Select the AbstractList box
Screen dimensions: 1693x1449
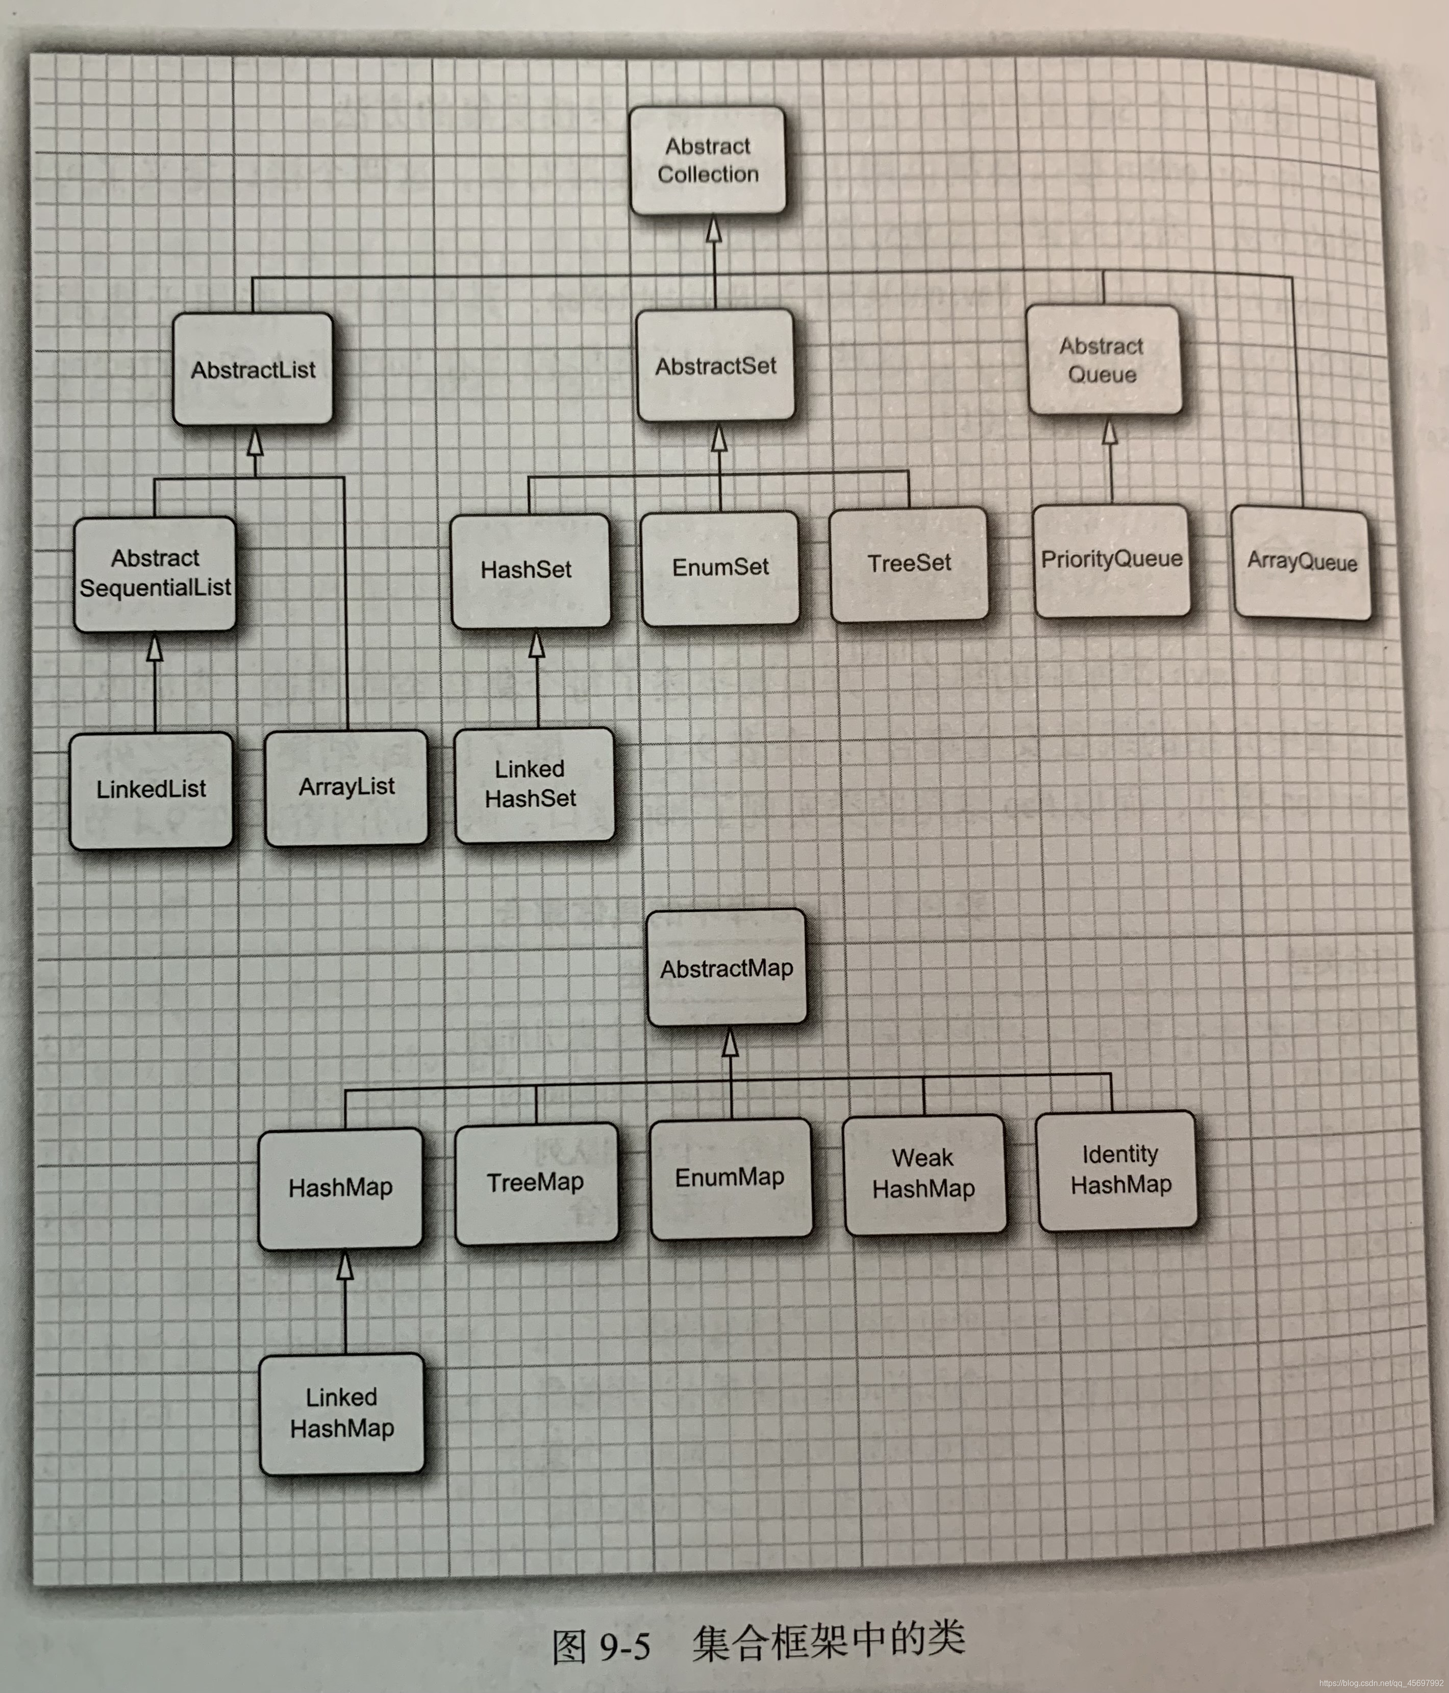pos(253,369)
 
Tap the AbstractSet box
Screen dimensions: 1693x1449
pos(715,366)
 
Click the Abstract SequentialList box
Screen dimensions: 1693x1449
pos(155,574)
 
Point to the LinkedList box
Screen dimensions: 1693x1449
pos(151,789)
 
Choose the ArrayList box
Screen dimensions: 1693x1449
pos(346,787)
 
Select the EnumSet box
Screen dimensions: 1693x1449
pos(719,567)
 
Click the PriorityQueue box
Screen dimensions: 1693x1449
pos(1112,560)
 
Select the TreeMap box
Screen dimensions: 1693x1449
pos(536,1182)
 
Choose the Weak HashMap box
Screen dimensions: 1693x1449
pos(924,1174)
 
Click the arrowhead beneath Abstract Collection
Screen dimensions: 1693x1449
pos(714,229)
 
